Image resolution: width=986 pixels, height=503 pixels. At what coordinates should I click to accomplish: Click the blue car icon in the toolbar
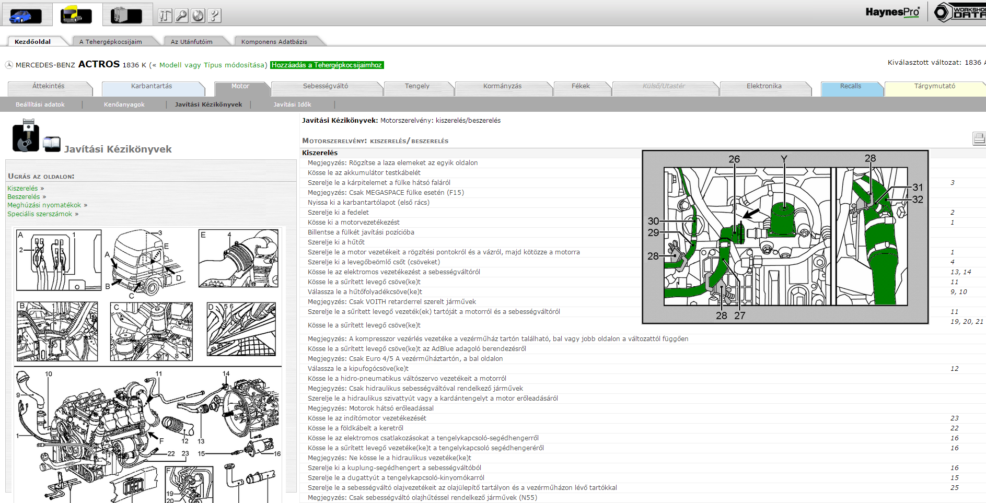click(x=26, y=16)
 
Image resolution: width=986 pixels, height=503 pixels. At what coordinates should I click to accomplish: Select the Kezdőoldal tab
click(x=33, y=42)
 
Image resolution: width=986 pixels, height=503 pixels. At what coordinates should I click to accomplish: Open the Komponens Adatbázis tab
click(x=274, y=42)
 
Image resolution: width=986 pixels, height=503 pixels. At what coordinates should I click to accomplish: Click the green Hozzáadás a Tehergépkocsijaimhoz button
click(x=327, y=65)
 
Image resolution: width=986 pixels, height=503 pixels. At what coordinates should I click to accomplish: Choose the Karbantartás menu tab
click(x=152, y=86)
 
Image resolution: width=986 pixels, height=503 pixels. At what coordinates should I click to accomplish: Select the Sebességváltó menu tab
click(x=326, y=86)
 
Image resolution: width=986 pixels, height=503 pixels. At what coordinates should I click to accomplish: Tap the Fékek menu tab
click(x=581, y=86)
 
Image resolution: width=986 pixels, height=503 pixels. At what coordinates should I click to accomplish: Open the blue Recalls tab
click(x=851, y=86)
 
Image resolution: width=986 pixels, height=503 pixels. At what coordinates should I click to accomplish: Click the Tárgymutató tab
click(x=935, y=86)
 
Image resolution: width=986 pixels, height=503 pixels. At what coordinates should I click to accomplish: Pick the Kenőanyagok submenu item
click(x=124, y=104)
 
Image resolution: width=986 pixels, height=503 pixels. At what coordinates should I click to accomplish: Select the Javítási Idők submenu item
click(x=292, y=104)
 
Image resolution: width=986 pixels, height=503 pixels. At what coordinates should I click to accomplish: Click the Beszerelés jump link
click(x=24, y=197)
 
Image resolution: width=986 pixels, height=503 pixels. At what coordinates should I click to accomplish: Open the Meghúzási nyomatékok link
click(x=44, y=205)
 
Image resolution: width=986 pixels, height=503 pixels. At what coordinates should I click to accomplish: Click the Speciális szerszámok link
click(x=40, y=214)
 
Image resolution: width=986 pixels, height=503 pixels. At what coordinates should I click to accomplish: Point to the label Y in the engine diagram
click(x=784, y=159)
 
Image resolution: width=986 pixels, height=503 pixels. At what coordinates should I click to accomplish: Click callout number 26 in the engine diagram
click(x=734, y=159)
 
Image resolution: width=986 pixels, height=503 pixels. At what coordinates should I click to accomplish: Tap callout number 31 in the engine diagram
click(x=918, y=187)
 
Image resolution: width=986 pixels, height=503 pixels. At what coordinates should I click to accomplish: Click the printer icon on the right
click(x=979, y=138)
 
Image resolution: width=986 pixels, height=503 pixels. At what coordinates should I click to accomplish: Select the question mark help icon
click(x=214, y=16)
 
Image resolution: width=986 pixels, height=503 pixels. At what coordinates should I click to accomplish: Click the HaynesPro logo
click(x=892, y=11)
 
